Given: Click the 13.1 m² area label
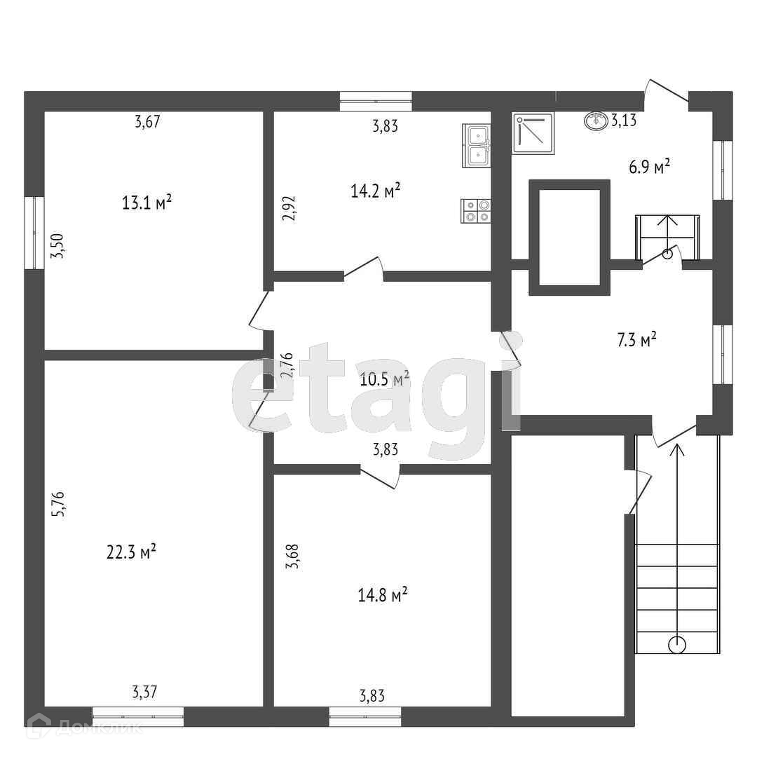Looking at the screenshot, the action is tap(147, 203).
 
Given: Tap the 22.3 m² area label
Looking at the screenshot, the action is tap(131, 552).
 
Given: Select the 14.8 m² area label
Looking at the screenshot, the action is tap(383, 596).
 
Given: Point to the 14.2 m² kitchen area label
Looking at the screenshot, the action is tap(376, 190).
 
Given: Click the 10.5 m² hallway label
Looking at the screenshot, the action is tap(385, 380).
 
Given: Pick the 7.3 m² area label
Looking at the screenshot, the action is tap(636, 341).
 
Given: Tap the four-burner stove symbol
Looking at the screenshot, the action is tap(476, 211).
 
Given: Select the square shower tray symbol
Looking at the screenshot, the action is tap(534, 132).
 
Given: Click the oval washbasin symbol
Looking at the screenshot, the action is tap(596, 121).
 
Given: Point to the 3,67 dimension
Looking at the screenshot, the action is tap(148, 121).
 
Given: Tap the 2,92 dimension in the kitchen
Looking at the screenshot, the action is tap(289, 207).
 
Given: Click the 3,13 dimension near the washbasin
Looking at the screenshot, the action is tap(623, 121).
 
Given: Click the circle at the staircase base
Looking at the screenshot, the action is tap(677, 644).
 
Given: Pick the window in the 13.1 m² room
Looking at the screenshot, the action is tap(34, 233).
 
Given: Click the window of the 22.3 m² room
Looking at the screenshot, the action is tap(138, 716).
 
